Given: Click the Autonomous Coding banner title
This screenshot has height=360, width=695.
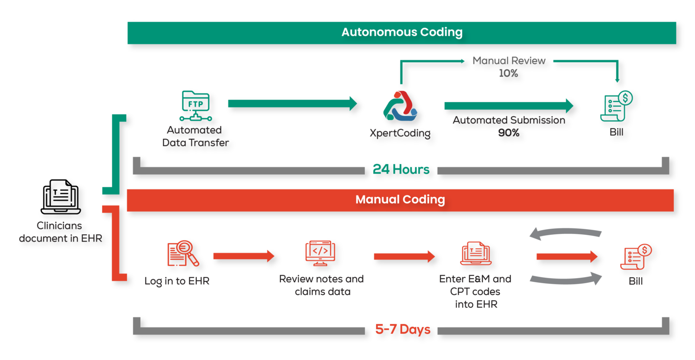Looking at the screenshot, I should click(x=402, y=33).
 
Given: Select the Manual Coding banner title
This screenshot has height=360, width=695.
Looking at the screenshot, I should click(x=400, y=200).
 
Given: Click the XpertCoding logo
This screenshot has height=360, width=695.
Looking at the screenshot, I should click(x=400, y=107).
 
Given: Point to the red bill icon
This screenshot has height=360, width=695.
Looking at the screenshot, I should click(x=636, y=256).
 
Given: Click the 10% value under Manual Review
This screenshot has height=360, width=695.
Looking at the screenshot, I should click(x=508, y=73).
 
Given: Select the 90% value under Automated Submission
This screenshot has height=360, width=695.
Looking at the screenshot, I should click(x=509, y=133).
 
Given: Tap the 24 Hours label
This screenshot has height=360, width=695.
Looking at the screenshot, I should click(x=401, y=169).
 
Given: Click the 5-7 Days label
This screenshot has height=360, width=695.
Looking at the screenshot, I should click(x=403, y=329).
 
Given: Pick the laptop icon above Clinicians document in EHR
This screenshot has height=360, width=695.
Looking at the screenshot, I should click(x=61, y=197).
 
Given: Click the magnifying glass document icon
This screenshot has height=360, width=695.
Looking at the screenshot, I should click(x=183, y=253).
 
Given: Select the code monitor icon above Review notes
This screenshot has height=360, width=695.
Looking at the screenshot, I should click(x=320, y=253).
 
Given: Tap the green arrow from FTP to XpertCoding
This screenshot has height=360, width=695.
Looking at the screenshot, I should click(x=292, y=104).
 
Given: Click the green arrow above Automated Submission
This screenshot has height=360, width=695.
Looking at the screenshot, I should click(x=509, y=106).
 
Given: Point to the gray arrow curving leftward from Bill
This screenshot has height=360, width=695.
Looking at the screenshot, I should click(x=566, y=233).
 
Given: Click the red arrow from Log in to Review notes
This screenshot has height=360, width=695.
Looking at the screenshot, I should click(x=243, y=256).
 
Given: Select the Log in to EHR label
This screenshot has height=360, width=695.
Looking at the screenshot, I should click(x=177, y=281).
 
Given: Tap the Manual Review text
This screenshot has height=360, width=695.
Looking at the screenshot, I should click(x=509, y=61).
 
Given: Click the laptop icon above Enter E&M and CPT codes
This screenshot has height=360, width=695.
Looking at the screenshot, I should click(x=476, y=253).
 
